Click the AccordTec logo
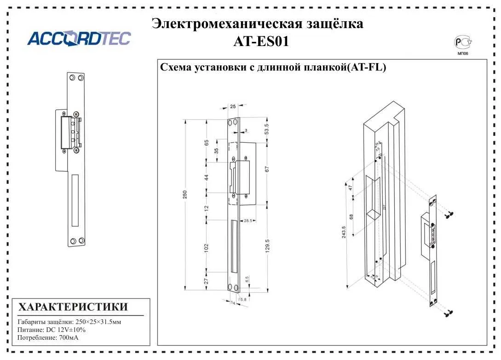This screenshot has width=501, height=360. [x=79, y=39]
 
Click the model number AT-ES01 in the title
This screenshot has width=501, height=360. [x=261, y=42]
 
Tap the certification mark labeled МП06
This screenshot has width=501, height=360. [x=463, y=45]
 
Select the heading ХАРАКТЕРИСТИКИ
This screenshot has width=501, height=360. [x=73, y=307]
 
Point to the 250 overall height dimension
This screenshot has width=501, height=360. [x=184, y=195]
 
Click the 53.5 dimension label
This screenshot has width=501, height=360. [x=267, y=129]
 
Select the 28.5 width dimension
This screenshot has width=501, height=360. [x=248, y=221]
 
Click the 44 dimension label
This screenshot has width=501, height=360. [x=207, y=177]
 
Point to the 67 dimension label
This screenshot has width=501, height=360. [x=267, y=169]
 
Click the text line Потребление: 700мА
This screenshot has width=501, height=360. [x=48, y=338]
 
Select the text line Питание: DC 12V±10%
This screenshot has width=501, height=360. [x=52, y=330]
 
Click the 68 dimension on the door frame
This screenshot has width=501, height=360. [x=351, y=216]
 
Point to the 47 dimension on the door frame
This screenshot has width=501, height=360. [x=351, y=187]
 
